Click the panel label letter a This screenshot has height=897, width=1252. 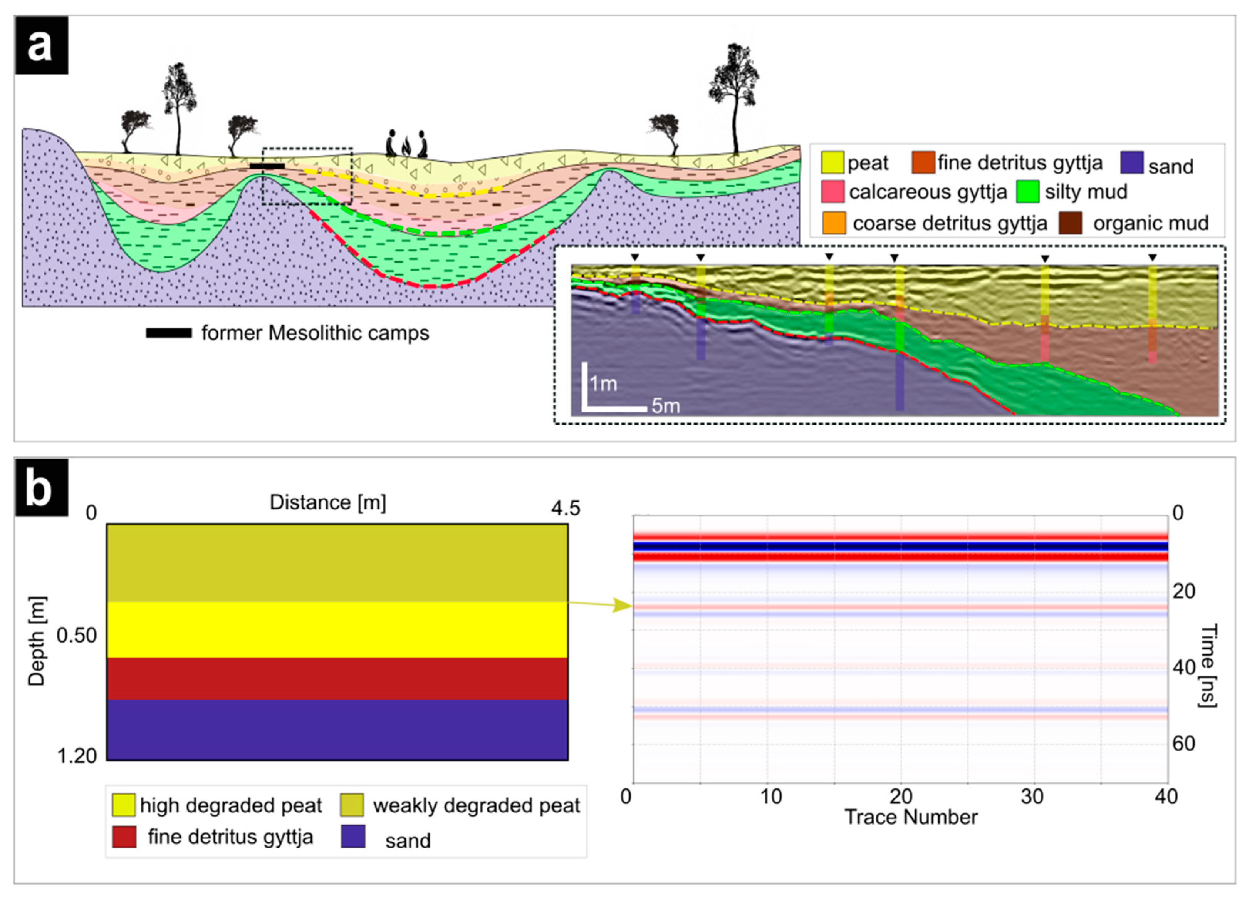[41, 45]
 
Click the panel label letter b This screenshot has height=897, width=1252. [41, 487]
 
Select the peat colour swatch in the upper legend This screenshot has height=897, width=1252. [832, 162]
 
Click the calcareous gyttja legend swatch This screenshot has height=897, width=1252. [832, 192]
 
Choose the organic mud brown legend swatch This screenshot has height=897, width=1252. [1070, 223]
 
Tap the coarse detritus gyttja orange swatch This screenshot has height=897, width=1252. [834, 223]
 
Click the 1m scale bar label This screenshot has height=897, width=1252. [603, 383]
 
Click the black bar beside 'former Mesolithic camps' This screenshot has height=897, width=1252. [168, 333]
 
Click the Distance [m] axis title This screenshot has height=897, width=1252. [327, 502]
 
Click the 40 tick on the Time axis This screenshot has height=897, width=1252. [1184, 668]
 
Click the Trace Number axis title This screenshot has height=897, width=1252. [911, 817]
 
